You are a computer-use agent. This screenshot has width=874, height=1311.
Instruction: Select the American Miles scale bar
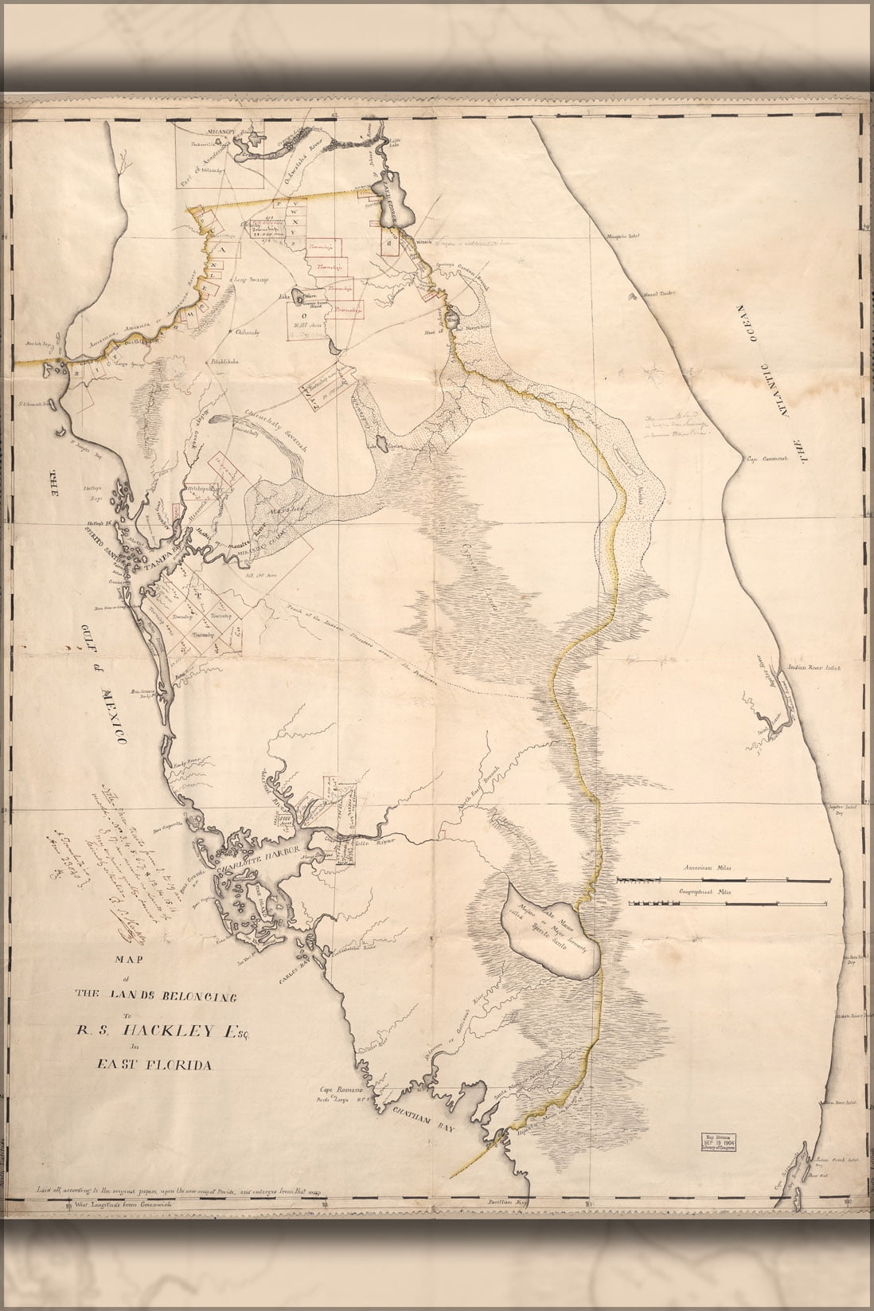[x=722, y=879]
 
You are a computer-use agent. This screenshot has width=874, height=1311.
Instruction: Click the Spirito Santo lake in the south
[x=548, y=933]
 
